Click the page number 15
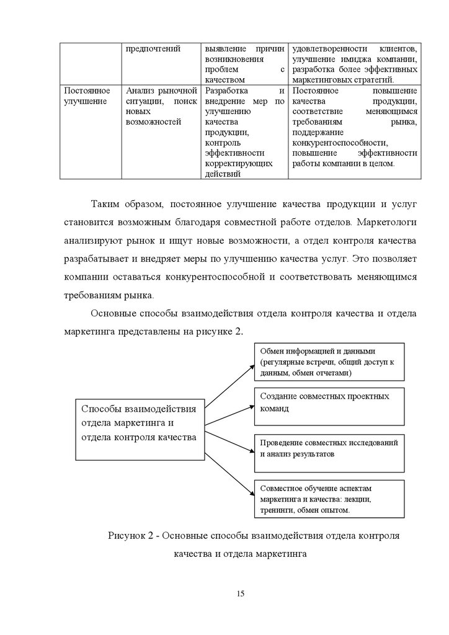(x=241, y=593)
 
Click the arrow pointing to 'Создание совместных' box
(x=229, y=415)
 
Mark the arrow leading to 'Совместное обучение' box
(x=229, y=471)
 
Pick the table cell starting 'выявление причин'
(x=244, y=64)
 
